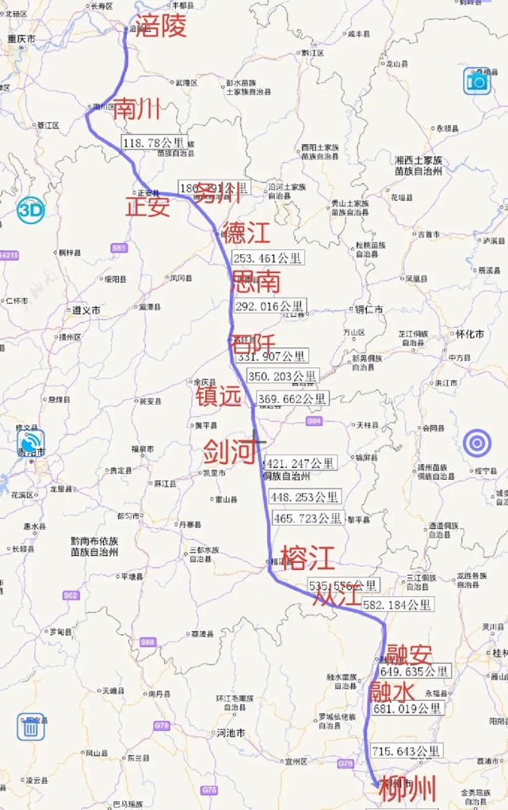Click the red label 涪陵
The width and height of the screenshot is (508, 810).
point(161,26)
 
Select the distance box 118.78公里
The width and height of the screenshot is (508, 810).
point(154,143)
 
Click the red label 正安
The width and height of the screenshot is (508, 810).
point(147,207)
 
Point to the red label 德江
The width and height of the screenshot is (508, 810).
point(246,233)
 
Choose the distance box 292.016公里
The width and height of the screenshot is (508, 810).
point(269,306)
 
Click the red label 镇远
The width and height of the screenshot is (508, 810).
point(218,397)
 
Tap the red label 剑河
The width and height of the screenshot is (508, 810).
point(230,452)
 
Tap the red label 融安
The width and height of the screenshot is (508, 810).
point(409,655)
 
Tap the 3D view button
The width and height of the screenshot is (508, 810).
point(31,210)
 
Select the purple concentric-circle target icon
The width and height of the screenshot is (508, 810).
point(478,443)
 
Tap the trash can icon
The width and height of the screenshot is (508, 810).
point(31,726)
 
